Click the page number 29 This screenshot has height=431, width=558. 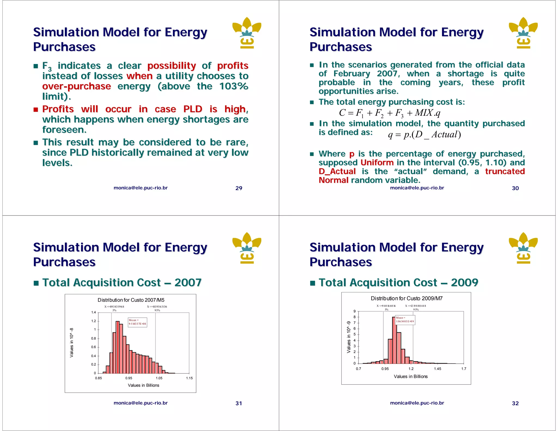(x=239, y=188)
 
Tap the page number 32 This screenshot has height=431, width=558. (x=515, y=403)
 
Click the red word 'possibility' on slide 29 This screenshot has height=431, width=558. (x=172, y=66)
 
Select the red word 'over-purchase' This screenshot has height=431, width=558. (x=77, y=86)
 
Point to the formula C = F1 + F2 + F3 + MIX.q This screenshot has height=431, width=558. (x=390, y=113)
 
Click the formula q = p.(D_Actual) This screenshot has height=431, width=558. (x=424, y=135)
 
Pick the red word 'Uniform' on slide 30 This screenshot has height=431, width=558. (x=377, y=163)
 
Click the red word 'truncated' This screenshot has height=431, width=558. (x=505, y=171)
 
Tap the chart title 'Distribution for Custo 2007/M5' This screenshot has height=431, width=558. (x=131, y=300)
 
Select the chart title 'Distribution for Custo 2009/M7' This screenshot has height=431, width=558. (x=407, y=299)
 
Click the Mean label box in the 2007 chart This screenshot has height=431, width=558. (x=137, y=322)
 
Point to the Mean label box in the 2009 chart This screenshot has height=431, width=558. (x=405, y=320)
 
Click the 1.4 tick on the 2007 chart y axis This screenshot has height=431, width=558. (x=93, y=312)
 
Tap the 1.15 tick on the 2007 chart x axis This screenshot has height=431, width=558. (x=189, y=378)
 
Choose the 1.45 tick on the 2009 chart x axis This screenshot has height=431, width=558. (x=438, y=369)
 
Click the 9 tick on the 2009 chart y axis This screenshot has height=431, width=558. (x=354, y=311)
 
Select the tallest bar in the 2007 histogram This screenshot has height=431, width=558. (x=118, y=347)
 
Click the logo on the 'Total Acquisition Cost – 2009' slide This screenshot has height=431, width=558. (x=523, y=248)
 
